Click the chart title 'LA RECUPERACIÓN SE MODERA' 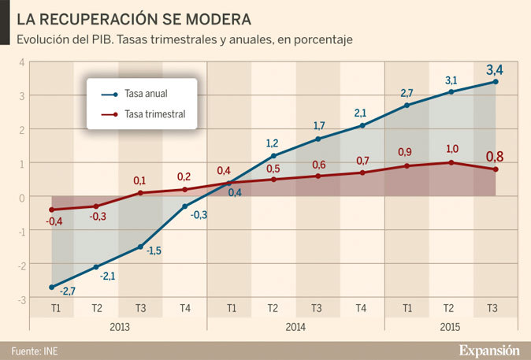(135, 18)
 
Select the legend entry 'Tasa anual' (145, 95)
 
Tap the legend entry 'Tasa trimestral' (154, 114)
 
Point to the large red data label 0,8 (494, 157)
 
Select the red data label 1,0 (451, 149)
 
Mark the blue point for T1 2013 (52, 288)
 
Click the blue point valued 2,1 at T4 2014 (362, 125)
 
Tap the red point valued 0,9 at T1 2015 (407, 166)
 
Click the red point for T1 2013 (52, 210)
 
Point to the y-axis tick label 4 (22, 62)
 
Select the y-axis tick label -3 (21, 300)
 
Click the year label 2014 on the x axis (295, 326)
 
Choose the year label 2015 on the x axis (450, 326)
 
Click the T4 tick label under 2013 (184, 308)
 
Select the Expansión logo (489, 350)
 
